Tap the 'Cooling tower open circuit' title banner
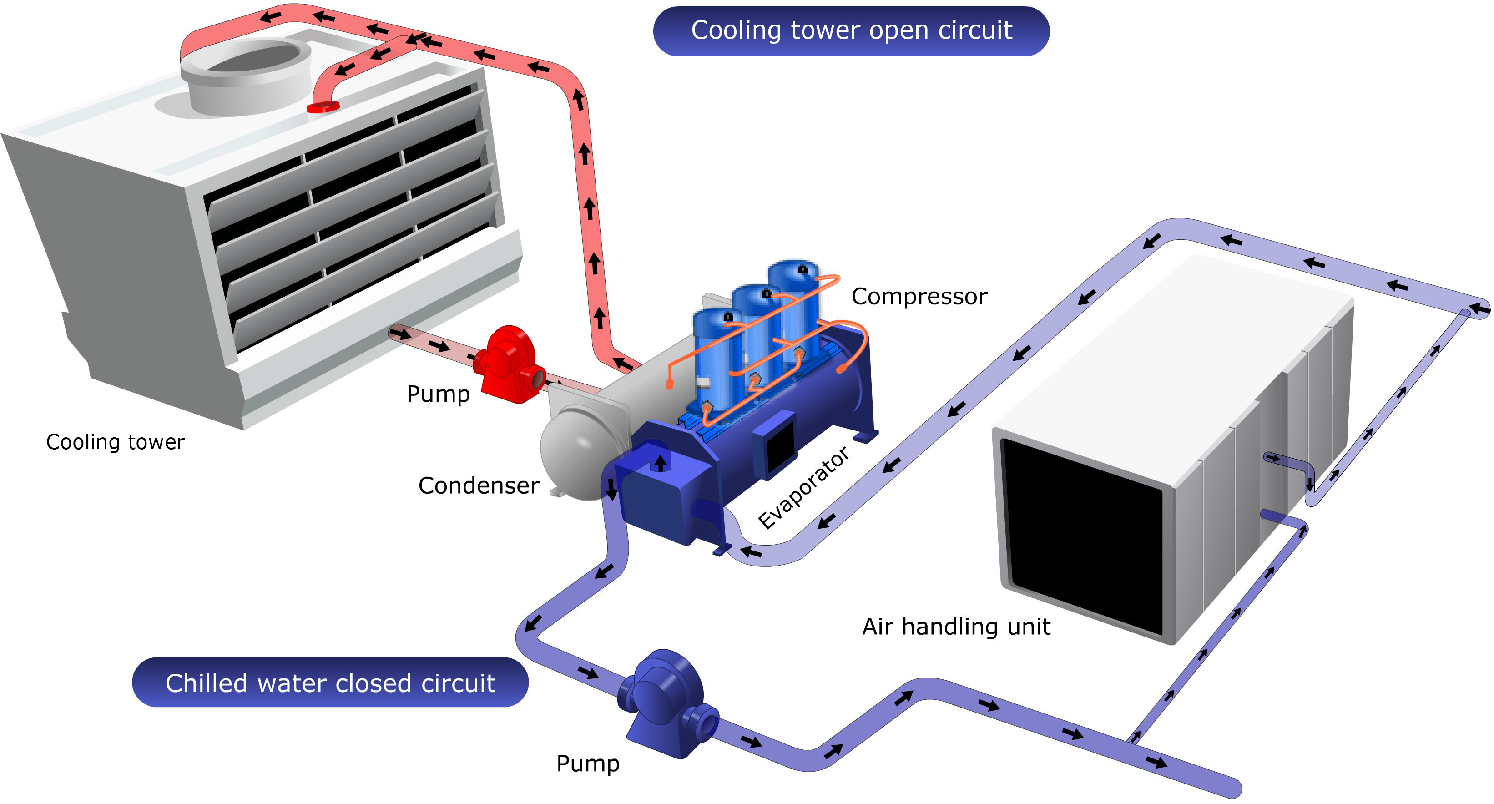851,31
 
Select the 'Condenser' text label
479,485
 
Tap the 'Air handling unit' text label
956,627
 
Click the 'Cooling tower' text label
116,442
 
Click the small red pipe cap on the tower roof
323,107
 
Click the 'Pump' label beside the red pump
438,394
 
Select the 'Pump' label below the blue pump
587,764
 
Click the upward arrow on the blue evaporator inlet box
660,463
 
